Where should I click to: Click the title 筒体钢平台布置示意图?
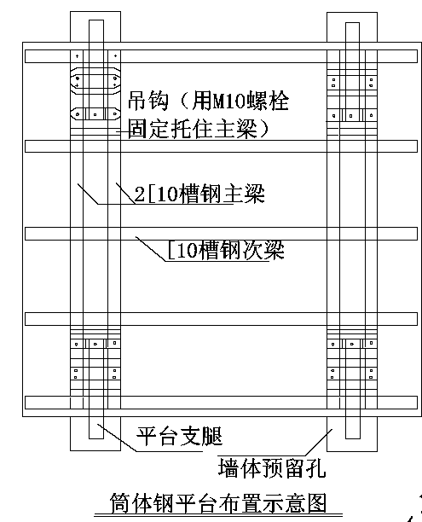(x=218, y=502)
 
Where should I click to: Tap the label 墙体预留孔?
(x=272, y=467)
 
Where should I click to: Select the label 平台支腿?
(x=179, y=436)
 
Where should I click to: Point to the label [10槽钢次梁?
(x=226, y=249)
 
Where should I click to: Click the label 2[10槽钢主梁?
(x=199, y=193)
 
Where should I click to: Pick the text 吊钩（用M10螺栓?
(x=208, y=101)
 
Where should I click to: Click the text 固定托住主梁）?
(x=199, y=129)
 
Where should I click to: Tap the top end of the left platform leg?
(x=96, y=20)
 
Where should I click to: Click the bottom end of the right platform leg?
(x=353, y=438)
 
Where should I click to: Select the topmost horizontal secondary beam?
(x=221, y=56)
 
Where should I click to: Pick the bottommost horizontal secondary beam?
(x=221, y=403)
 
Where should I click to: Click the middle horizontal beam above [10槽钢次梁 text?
(x=221, y=234)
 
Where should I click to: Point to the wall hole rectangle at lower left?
(x=95, y=433)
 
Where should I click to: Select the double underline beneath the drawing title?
(x=218, y=516)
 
